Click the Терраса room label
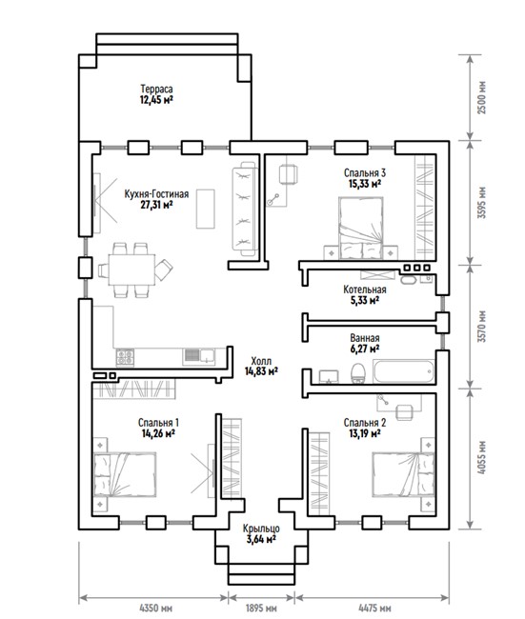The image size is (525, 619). (156, 90)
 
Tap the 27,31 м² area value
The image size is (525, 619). (156, 205)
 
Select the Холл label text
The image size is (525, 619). (261, 361)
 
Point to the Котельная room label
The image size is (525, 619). (365, 290)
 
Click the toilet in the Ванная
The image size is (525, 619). (358, 373)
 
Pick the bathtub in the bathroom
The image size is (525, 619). (403, 371)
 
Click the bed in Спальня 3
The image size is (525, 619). (361, 229)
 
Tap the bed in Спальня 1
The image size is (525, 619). (125, 473)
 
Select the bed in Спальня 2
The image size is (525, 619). (403, 474)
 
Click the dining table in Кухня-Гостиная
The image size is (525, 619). (131, 270)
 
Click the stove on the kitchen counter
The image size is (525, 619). (125, 357)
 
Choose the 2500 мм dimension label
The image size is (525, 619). (481, 97)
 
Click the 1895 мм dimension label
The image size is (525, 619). (261, 608)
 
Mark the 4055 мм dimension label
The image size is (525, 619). (481, 457)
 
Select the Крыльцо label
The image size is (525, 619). (261, 529)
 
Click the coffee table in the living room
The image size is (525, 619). (206, 209)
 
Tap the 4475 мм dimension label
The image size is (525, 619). (374, 608)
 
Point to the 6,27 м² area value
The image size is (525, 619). (365, 349)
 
